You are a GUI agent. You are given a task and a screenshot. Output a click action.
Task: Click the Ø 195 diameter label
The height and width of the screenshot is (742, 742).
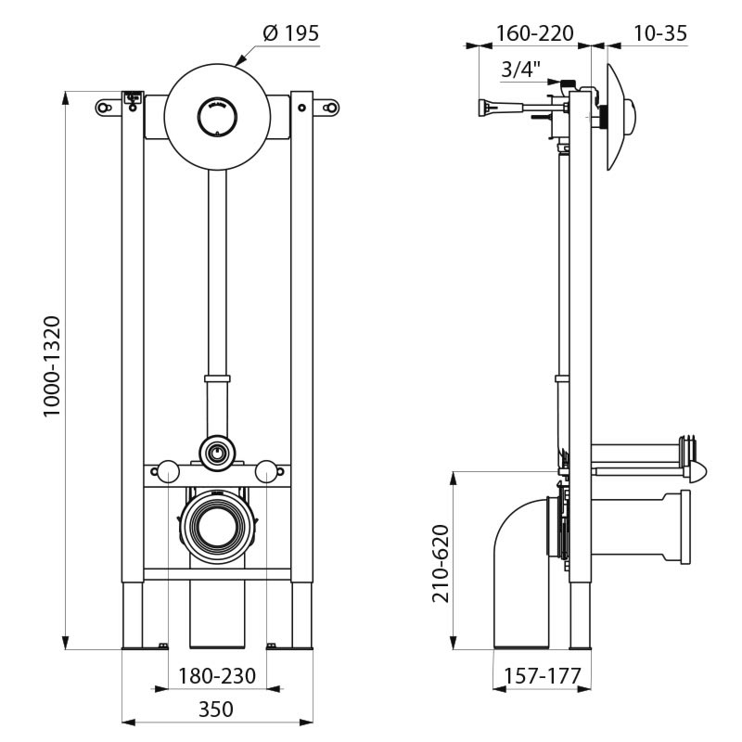pyautogui.click(x=290, y=33)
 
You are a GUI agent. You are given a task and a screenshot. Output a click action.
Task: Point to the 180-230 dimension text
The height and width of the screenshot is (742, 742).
pyautogui.click(x=217, y=676)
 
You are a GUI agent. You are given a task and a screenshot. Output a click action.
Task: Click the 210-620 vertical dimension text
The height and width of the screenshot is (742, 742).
pyautogui.click(x=441, y=564)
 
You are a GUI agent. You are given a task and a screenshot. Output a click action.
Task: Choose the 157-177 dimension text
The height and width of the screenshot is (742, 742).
pyautogui.click(x=542, y=677)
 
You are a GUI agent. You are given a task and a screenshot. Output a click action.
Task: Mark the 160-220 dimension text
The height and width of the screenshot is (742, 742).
pyautogui.click(x=534, y=33)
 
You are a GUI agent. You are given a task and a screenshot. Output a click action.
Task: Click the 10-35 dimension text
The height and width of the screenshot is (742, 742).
pyautogui.click(x=659, y=33)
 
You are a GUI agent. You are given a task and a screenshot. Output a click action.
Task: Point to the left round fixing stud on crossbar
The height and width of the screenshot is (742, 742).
pyautogui.click(x=168, y=472)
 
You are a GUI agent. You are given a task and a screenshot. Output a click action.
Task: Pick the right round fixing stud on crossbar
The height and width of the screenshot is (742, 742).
pyautogui.click(x=267, y=472)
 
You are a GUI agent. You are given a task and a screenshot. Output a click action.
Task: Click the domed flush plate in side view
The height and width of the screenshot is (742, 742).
pyautogui.click(x=620, y=118)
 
